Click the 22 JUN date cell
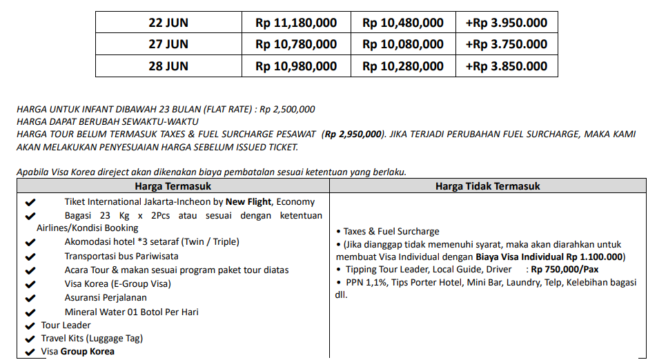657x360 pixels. pos(168,23)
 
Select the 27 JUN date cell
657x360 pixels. pos(168,45)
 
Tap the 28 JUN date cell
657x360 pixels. pos(168,66)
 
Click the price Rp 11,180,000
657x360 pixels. pos(296,23)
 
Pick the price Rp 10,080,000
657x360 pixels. pos(403,45)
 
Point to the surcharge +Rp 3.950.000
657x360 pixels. pos(507,23)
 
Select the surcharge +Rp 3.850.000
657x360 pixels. pos(507,66)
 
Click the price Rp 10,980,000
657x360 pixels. pos(296,66)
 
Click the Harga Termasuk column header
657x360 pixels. pos(173,186)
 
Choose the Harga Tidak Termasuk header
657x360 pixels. pos(487,186)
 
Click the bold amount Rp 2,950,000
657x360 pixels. pos(353,134)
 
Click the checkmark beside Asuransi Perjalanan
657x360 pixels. pos(30,298)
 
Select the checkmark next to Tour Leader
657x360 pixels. pos(30,326)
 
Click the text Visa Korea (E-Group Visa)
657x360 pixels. pos(118,283)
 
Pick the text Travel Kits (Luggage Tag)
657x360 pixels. pos(92,339)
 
